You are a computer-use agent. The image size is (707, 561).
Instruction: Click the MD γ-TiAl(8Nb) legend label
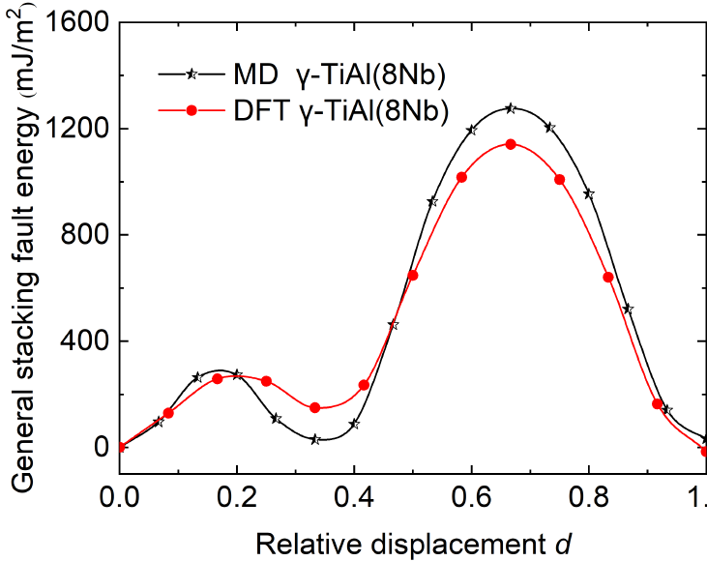(320, 74)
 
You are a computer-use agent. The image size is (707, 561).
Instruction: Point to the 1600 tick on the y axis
(81, 22)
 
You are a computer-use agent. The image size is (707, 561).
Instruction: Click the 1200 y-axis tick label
(81, 129)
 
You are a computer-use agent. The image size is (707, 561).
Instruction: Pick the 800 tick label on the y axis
(88, 235)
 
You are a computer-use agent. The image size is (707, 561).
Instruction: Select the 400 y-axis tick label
(88, 341)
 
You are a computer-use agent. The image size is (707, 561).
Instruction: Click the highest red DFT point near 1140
(511, 144)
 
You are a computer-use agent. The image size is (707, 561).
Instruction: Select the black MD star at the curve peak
(511, 108)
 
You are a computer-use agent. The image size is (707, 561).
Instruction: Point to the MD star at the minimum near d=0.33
(315, 439)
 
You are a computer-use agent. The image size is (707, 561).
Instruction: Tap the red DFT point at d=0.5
(413, 275)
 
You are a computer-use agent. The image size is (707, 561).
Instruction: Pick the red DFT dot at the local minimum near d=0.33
(315, 407)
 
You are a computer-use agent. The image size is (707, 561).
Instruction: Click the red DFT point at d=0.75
(559, 179)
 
